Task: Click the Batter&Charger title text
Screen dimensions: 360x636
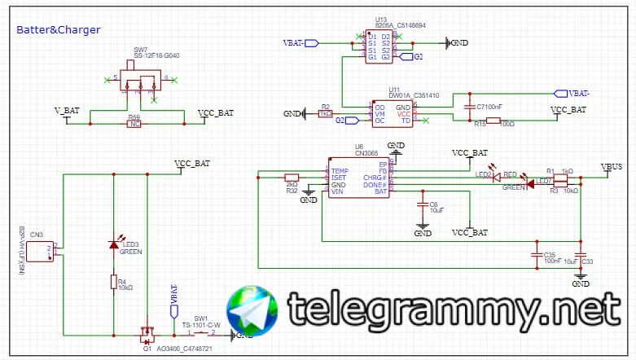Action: pyautogui.click(x=58, y=30)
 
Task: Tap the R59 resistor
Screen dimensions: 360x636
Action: pyautogui.click(x=134, y=124)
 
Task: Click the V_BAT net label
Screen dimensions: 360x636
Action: pyautogui.click(x=67, y=111)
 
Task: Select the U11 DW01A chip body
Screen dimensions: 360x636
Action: pyautogui.click(x=392, y=113)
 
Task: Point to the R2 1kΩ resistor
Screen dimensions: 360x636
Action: pyautogui.click(x=326, y=114)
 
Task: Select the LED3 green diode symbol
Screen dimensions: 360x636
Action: pyautogui.click(x=113, y=245)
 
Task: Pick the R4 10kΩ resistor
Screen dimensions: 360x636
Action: pyautogui.click(x=113, y=282)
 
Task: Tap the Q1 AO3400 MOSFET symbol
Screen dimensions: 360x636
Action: pyautogui.click(x=147, y=333)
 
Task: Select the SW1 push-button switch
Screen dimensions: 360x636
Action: pyautogui.click(x=200, y=333)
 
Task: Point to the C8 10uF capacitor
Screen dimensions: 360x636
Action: pyautogui.click(x=423, y=203)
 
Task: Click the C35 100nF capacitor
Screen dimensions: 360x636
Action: pyautogui.click(x=537, y=254)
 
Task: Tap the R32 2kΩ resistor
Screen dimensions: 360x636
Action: pyautogui.click(x=292, y=178)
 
